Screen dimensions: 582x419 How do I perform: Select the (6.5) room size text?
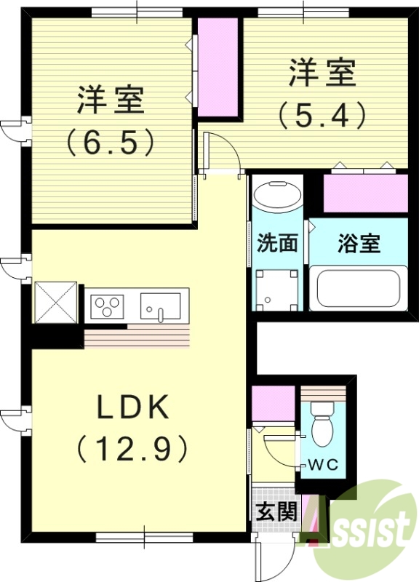111,141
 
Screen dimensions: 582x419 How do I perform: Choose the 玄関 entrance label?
276,511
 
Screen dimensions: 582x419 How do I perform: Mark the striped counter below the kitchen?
137,338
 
